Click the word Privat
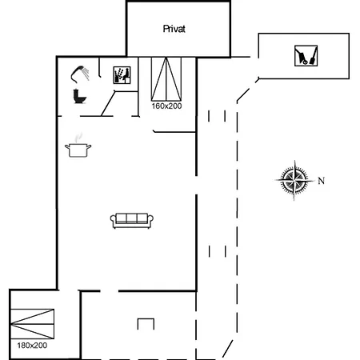coord(174,29)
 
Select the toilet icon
coord(79,96)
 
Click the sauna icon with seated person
coord(122,75)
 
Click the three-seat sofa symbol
coord(132,221)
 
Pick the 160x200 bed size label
coord(166,106)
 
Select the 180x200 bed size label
coord(32,346)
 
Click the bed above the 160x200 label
coord(166,79)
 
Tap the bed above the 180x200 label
coord(32,324)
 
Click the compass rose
coord(294,180)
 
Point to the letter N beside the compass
coord(322,181)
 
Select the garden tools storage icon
coord(306,56)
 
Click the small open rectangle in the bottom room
coord(146,319)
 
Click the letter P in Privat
coord(166,29)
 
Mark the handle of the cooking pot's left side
coord(67,146)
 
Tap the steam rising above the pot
coord(78,138)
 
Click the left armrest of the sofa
coord(113,220)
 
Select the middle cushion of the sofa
coord(132,218)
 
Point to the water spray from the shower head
coord(86,74)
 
